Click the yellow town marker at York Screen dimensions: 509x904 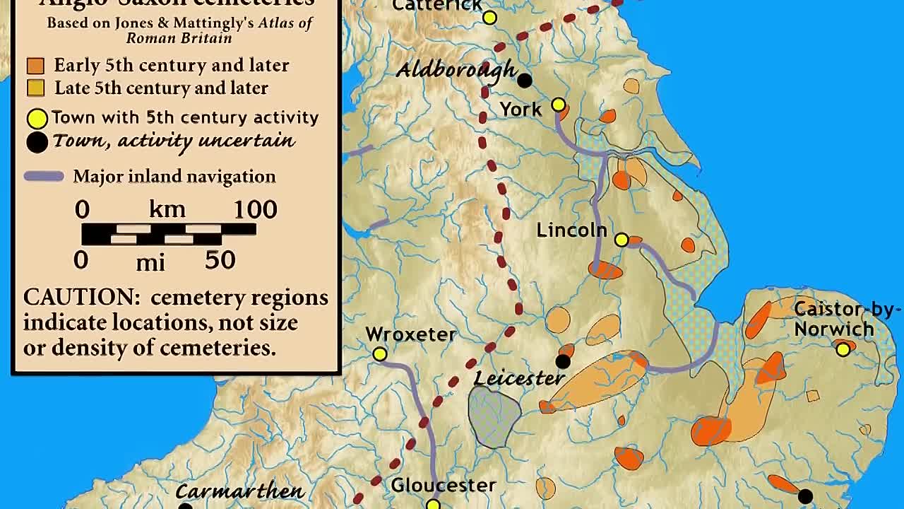(x=559, y=105)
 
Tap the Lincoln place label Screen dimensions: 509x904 (x=571, y=230)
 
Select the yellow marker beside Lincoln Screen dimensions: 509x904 (x=621, y=240)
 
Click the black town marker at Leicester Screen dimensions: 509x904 (x=563, y=362)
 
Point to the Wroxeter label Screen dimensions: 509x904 (x=411, y=334)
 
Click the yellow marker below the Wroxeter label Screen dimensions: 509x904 (x=380, y=353)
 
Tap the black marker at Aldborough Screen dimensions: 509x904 (x=524, y=81)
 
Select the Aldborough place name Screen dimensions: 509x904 (x=456, y=70)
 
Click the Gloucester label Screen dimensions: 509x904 (x=444, y=485)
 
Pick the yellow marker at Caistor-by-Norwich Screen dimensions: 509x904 (x=843, y=349)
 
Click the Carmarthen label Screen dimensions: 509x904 (x=239, y=491)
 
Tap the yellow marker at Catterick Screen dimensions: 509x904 (x=489, y=18)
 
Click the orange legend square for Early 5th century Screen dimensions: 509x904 (x=35, y=66)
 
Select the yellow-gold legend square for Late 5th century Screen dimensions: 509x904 (x=35, y=88)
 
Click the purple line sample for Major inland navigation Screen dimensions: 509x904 (x=44, y=176)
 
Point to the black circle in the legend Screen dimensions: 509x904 (x=37, y=142)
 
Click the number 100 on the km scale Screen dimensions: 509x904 (x=255, y=209)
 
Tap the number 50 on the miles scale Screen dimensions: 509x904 (x=220, y=260)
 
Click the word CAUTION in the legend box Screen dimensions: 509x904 (x=81, y=297)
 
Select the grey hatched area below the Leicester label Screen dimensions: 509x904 (x=494, y=417)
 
